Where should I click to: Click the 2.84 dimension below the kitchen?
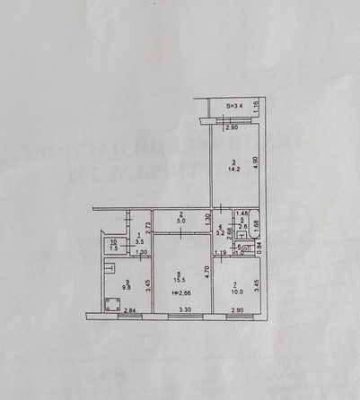[129, 310]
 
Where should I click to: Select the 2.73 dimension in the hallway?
[146, 224]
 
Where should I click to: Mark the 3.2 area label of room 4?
[222, 238]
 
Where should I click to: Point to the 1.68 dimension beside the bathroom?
[255, 223]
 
